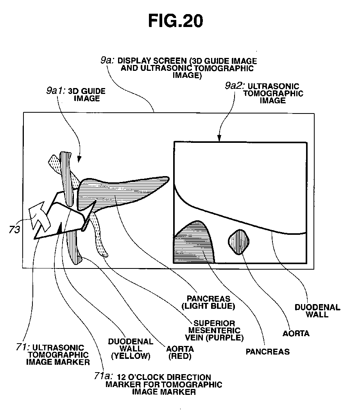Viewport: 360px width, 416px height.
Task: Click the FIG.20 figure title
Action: tap(176, 21)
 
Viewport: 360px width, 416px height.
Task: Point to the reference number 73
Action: tap(15, 230)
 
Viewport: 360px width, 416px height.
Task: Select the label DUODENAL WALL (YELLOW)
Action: tap(131, 349)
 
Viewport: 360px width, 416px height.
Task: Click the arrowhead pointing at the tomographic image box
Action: tap(219, 138)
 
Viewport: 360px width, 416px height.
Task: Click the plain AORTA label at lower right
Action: tap(296, 333)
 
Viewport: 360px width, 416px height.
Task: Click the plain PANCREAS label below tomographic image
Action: tap(267, 351)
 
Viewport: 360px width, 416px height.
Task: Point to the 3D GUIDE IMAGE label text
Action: tap(87, 95)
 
